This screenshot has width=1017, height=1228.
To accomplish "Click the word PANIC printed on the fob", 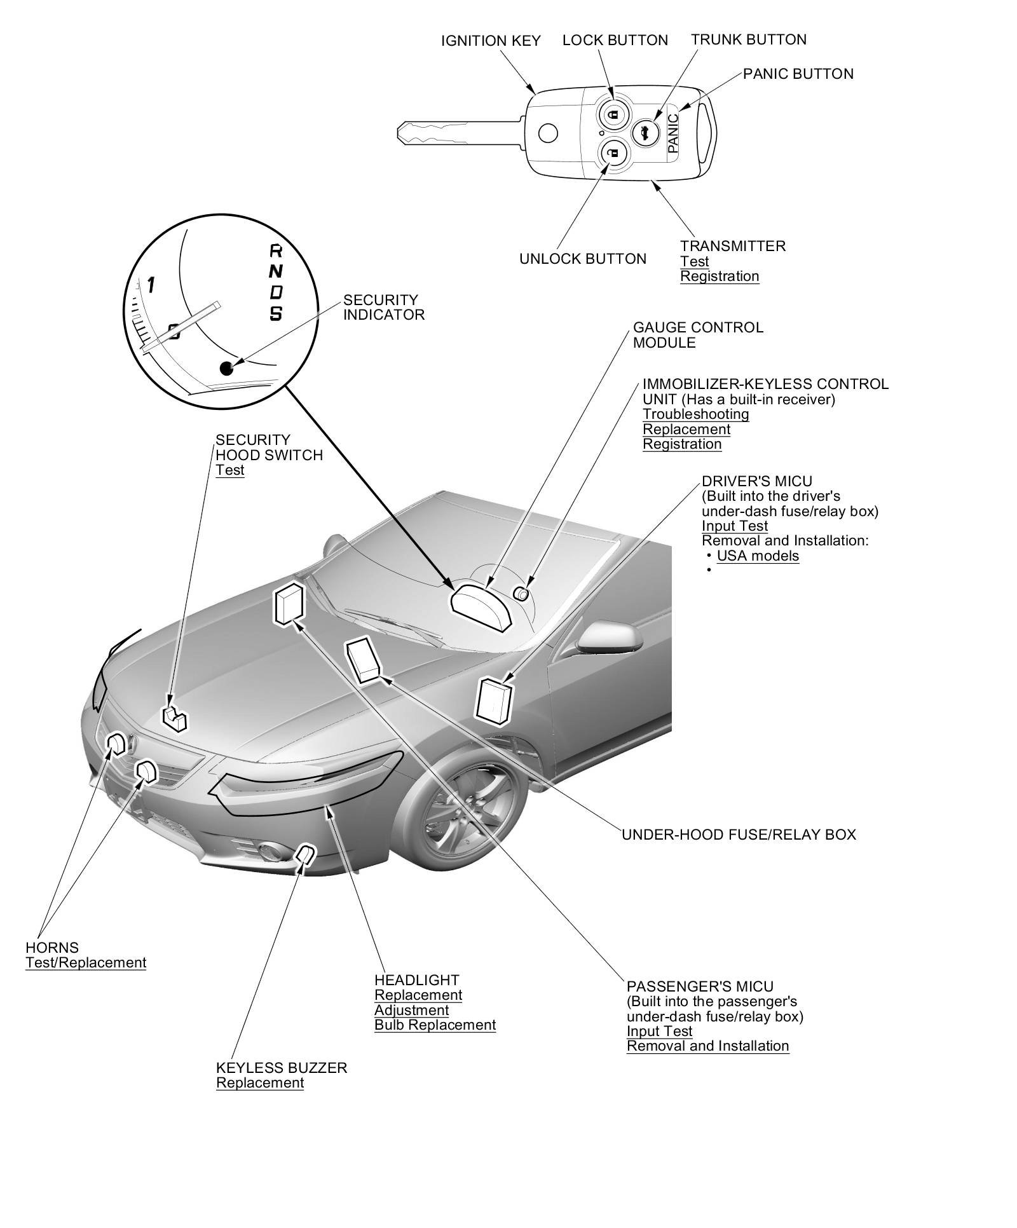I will [x=673, y=133].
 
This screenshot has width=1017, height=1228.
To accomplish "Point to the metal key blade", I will [x=445, y=132].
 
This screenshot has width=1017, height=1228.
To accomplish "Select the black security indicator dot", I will [x=226, y=367].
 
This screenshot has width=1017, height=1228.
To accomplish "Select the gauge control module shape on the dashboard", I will [x=481, y=604].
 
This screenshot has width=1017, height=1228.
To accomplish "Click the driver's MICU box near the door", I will [x=494, y=699].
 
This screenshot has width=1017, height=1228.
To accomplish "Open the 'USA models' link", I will [x=758, y=556].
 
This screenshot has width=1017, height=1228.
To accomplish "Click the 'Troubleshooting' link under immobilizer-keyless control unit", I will [x=695, y=414].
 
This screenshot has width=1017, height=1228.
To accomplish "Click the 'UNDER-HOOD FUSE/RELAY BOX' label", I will [x=739, y=834].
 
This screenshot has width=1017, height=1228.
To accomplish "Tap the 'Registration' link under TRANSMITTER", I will [x=720, y=276].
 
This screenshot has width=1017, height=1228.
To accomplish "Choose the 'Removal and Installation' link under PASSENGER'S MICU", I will [x=707, y=1046].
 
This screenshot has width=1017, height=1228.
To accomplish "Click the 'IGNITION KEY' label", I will [x=491, y=41].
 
